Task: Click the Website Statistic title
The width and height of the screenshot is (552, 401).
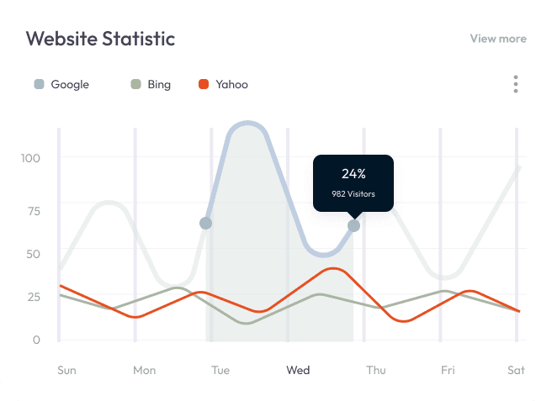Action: [100, 39]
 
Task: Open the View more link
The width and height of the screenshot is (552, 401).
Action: [497, 39]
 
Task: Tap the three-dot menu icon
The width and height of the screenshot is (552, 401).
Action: [515, 84]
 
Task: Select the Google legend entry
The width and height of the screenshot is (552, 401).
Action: [61, 84]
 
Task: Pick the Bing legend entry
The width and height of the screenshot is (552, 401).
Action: [151, 84]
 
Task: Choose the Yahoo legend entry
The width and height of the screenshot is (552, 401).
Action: [223, 84]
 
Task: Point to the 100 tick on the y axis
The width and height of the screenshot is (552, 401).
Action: [30, 158]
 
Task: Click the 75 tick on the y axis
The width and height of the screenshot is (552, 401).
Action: [33, 210]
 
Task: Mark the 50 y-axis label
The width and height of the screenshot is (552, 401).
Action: [33, 253]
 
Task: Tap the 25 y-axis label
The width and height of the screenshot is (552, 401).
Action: [33, 297]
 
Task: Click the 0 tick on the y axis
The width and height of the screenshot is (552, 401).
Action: [36, 340]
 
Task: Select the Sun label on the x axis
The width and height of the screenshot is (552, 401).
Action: [66, 370]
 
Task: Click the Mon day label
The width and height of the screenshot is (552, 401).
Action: [144, 370]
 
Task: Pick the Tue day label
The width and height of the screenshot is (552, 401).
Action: [220, 370]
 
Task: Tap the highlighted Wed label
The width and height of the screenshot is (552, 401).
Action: [298, 370]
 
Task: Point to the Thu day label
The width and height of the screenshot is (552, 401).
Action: [376, 370]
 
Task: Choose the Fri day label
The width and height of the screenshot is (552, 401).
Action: [448, 370]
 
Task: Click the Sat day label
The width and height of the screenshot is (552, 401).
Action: [516, 370]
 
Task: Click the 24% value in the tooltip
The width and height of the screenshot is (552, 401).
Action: [353, 174]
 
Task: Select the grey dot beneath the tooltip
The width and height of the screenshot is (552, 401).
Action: [353, 225]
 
